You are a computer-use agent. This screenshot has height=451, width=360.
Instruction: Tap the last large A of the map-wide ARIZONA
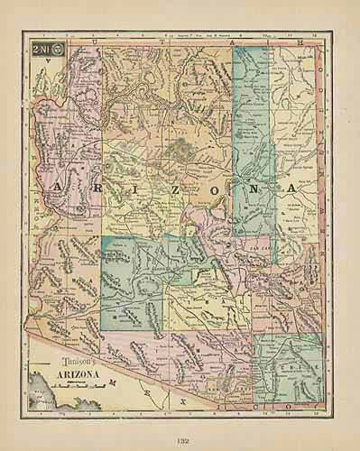pyautogui.click(x=291, y=188)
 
